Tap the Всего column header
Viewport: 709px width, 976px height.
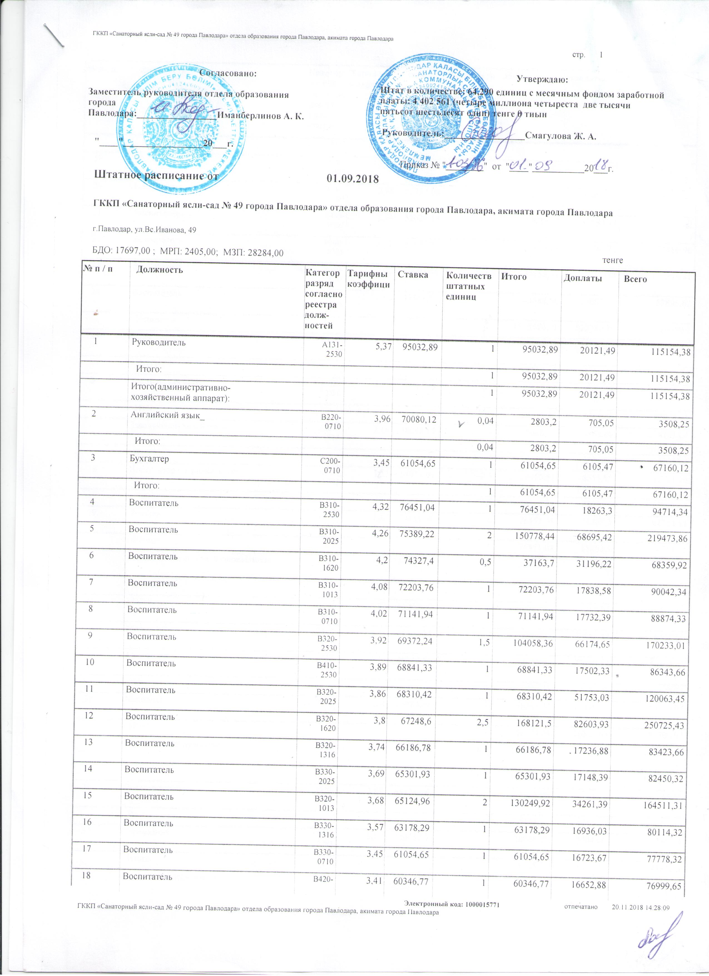(638, 279)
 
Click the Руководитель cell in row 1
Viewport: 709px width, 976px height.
(158, 343)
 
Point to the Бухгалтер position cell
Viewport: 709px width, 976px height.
(149, 459)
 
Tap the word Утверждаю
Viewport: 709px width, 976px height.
(542, 80)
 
